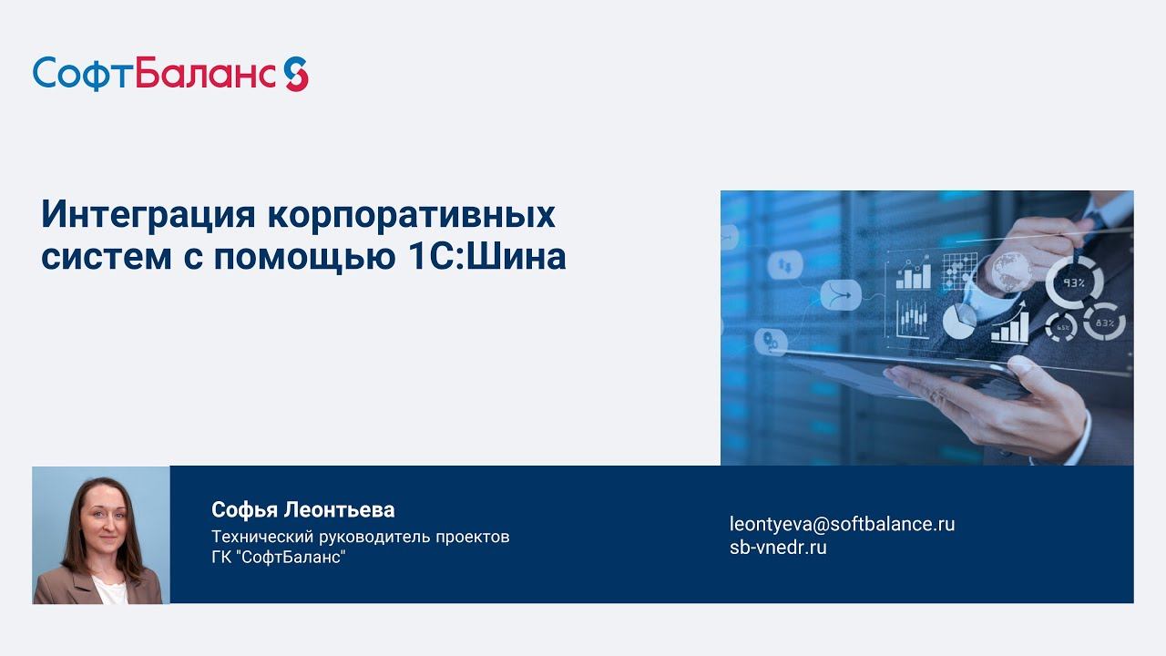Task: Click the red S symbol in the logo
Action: pos(295,74)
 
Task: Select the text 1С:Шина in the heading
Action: pos(482,257)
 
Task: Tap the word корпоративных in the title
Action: pos(411,217)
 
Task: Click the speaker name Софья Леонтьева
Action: pos(302,509)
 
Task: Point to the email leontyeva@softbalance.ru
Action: pos(842,524)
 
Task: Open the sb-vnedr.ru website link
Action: pos(778,548)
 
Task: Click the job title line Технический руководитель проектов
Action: pos(360,536)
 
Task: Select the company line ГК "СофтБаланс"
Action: pos(278,557)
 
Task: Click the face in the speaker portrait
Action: pos(102,525)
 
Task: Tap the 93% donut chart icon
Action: pos(1074,283)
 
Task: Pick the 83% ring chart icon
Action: pos(1104,322)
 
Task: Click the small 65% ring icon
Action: pos(1061,327)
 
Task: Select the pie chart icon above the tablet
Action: pos(957,322)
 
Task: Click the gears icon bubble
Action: pos(772,342)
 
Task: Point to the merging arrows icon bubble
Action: pos(841,295)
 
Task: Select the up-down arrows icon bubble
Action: pos(783,266)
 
